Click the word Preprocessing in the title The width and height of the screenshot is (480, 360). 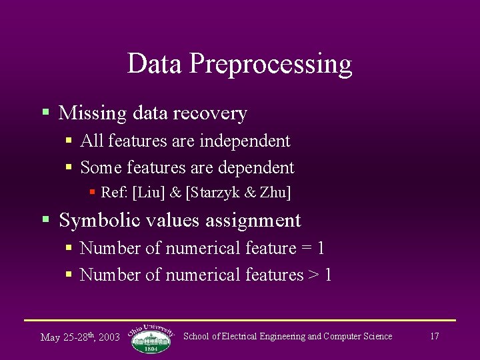[270, 65]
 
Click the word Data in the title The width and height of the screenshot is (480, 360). [155, 63]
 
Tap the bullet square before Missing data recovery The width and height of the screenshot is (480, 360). [45, 112]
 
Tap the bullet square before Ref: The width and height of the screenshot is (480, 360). [93, 192]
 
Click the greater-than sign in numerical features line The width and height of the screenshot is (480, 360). [314, 275]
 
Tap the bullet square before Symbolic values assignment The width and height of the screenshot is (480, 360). [45, 219]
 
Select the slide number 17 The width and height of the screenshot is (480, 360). [434, 337]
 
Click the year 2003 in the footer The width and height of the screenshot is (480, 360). [109, 337]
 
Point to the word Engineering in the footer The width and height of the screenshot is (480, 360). [279, 337]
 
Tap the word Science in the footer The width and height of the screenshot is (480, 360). [377, 337]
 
